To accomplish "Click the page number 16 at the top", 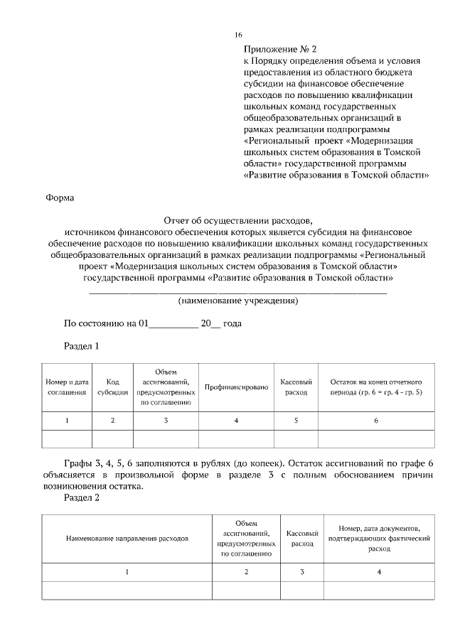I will pyautogui.click(x=239, y=35).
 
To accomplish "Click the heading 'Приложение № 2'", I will pyautogui.click(x=279, y=49).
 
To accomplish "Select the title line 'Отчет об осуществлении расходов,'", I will pyautogui.click(x=237, y=220).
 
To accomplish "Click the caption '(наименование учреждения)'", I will pyautogui.click(x=237, y=301).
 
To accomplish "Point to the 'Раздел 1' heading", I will pyautogui.click(x=81, y=346).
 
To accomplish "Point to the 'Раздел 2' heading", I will pyautogui.click(x=81, y=498).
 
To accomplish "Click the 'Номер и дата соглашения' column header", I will pyautogui.click(x=67, y=387).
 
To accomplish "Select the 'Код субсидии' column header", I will pyautogui.click(x=112, y=387).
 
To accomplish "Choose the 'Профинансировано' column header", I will pyautogui.click(x=235, y=387).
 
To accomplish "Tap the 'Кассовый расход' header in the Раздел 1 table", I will pyautogui.click(x=296, y=387).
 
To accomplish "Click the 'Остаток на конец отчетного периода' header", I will pyautogui.click(x=376, y=387).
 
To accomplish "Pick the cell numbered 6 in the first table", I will pyautogui.click(x=376, y=421).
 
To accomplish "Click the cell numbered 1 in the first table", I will pyautogui.click(x=67, y=421).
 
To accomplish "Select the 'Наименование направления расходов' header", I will pyautogui.click(x=127, y=539).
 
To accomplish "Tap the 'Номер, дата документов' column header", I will pyautogui.click(x=380, y=539).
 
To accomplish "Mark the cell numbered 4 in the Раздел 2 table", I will pyautogui.click(x=380, y=572).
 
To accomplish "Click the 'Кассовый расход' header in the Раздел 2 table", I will pyautogui.click(x=302, y=539).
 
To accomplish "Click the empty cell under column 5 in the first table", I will pyautogui.click(x=296, y=438).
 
